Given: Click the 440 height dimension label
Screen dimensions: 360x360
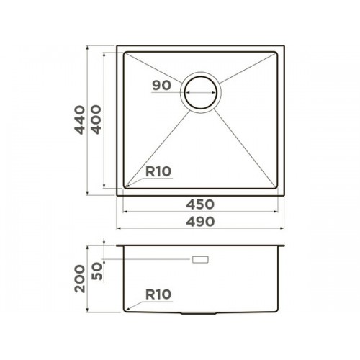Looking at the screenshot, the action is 80,120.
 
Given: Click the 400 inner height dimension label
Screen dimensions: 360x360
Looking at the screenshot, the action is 96,120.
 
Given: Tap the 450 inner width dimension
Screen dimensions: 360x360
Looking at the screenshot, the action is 200,204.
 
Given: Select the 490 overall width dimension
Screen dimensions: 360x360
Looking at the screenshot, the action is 200,222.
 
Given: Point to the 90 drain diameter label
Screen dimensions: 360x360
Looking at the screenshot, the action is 162,86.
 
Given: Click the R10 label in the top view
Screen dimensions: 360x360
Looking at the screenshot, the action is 158,171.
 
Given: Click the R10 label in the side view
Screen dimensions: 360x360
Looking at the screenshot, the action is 158,294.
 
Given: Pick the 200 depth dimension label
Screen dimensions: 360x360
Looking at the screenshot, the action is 80,279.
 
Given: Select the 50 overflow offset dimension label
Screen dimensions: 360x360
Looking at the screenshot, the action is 97,271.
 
